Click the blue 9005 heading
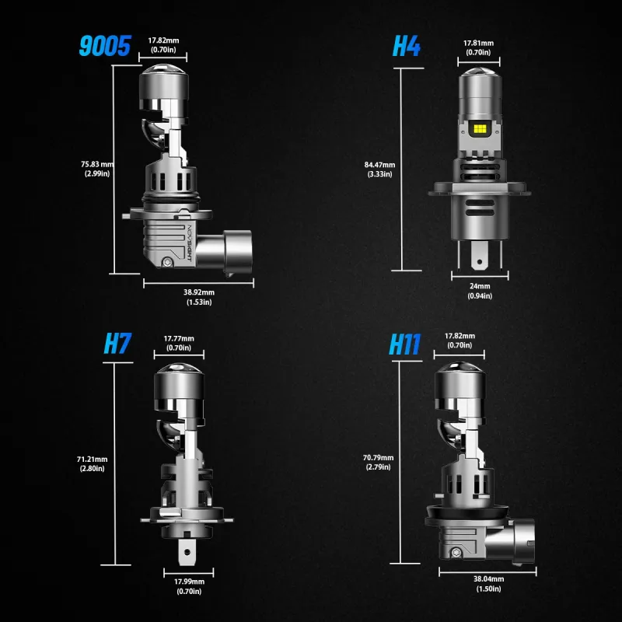click(x=105, y=46)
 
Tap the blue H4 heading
click(x=406, y=46)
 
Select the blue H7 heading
click(x=117, y=343)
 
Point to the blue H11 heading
click(x=404, y=344)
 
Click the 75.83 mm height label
click(x=97, y=169)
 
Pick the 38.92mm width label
click(x=199, y=297)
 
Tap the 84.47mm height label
click(x=379, y=169)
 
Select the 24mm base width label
click(x=480, y=291)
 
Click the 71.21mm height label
click(x=92, y=463)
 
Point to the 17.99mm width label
click(x=189, y=586)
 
